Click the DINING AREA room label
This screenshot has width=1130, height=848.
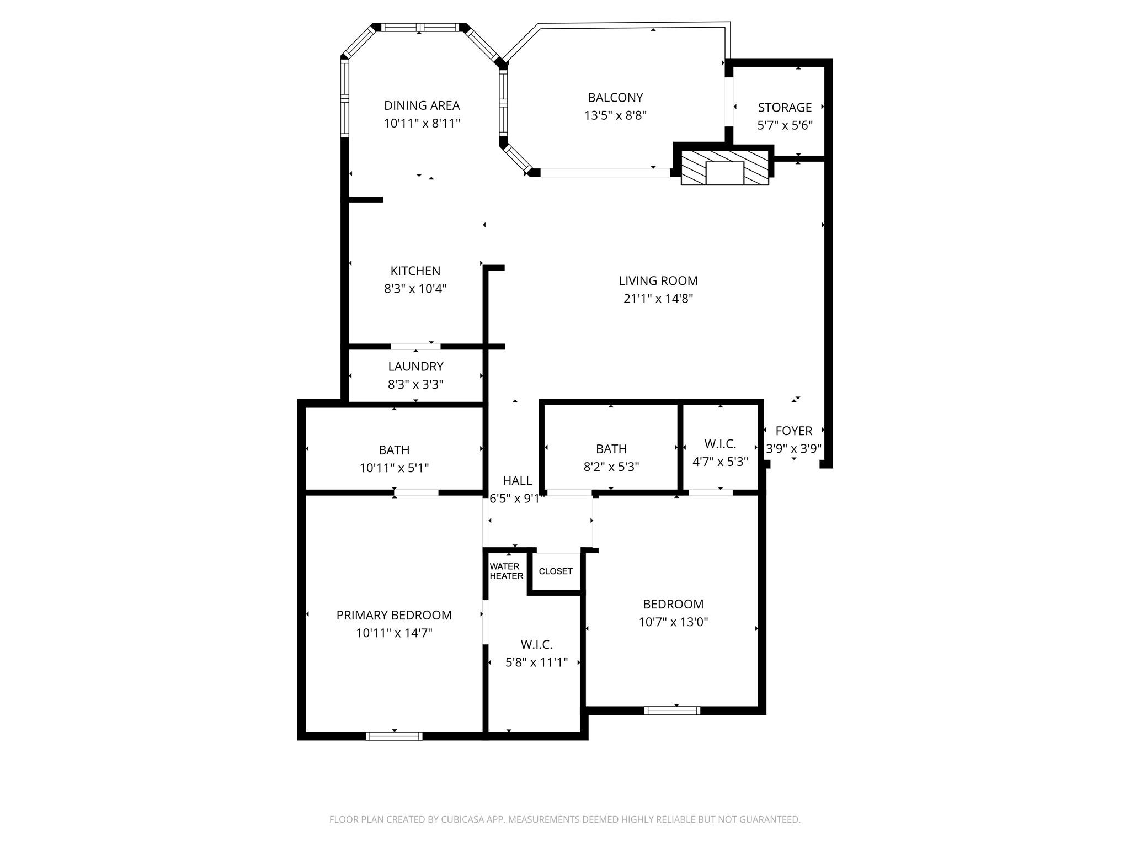pos(422,105)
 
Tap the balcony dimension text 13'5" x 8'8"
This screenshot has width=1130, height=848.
pos(615,116)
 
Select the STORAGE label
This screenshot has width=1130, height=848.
pos(785,108)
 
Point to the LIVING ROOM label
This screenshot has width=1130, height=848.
pos(658,281)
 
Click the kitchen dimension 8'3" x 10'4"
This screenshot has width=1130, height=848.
pos(415,289)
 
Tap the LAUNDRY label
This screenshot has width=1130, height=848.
pos(415,367)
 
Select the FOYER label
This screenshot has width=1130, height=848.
pos(793,431)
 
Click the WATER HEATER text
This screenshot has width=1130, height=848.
pos(506,571)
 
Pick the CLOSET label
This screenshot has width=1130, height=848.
pos(556,571)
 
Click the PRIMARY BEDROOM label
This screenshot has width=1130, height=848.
pos(394,615)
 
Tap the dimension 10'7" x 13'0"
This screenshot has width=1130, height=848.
pos(673,622)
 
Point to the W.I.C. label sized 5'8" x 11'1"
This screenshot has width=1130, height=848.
pos(536,645)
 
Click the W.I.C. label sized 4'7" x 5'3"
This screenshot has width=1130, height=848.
pos(720,444)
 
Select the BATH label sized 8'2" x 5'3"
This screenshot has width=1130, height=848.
pos(611,449)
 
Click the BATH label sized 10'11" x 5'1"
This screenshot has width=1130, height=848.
pos(394,451)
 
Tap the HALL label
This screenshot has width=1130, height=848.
pos(517,481)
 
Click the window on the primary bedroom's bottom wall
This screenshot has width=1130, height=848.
pos(394,736)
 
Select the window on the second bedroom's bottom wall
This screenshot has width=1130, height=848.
pos(672,711)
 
